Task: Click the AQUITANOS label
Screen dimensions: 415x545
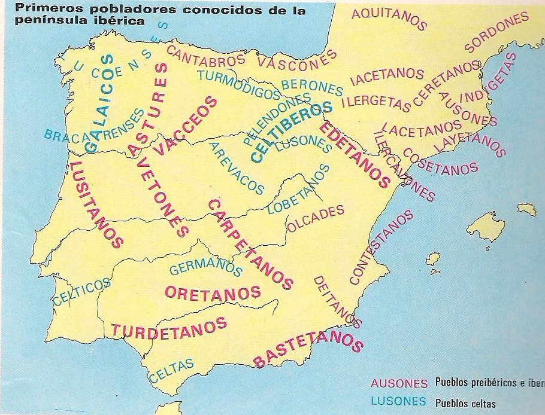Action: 389,20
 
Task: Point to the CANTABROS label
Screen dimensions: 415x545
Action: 205,56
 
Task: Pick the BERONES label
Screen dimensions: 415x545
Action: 311,87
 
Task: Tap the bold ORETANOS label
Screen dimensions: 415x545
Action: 213,292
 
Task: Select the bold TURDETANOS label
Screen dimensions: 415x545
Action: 169,327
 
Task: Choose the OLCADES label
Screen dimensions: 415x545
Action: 316,218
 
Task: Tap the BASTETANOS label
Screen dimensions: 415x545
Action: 308,349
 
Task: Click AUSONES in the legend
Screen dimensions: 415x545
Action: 399,383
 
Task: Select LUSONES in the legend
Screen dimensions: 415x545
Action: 398,401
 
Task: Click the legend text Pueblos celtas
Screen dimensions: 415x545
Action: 465,402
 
